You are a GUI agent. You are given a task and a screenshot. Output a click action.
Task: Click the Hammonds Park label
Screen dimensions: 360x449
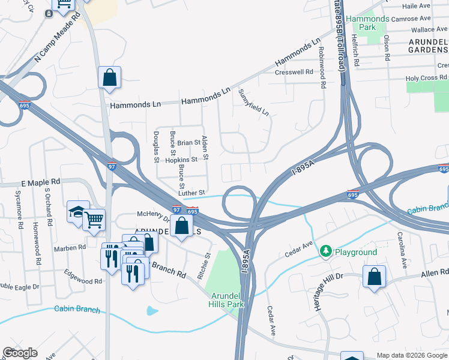click(x=367, y=23)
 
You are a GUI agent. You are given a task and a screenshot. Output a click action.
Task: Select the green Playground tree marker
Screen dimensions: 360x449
click(x=326, y=251)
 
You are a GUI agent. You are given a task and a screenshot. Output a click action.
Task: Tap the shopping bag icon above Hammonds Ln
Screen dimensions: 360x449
click(x=109, y=77)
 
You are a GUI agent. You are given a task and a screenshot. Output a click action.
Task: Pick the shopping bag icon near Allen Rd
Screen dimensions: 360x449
click(x=374, y=277)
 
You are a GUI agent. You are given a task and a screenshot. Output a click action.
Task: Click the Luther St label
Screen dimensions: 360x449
click(x=191, y=193)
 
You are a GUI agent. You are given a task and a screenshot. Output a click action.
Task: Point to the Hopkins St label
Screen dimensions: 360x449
click(x=181, y=160)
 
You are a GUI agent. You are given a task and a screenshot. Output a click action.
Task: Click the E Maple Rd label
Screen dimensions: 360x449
click(x=41, y=181)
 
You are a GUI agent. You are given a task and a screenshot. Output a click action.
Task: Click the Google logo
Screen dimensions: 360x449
click(x=20, y=353)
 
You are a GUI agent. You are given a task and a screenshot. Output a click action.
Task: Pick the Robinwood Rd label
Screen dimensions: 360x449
click(x=322, y=67)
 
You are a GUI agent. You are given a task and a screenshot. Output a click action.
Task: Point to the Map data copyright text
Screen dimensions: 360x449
click(x=411, y=355)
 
